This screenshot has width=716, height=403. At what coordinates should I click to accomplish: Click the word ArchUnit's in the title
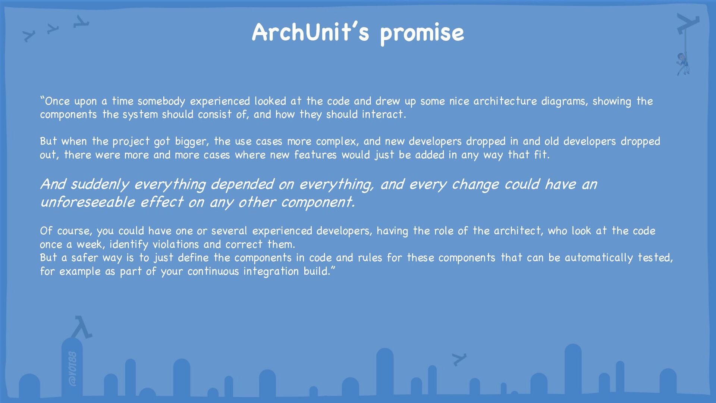pos(310,32)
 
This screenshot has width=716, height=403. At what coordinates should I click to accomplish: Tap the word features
pos(315,154)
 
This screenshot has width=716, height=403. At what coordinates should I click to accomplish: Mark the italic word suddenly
pos(100,185)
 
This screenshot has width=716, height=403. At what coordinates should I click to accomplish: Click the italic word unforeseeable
pos(88,202)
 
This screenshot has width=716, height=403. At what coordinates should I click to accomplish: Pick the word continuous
pos(213,271)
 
